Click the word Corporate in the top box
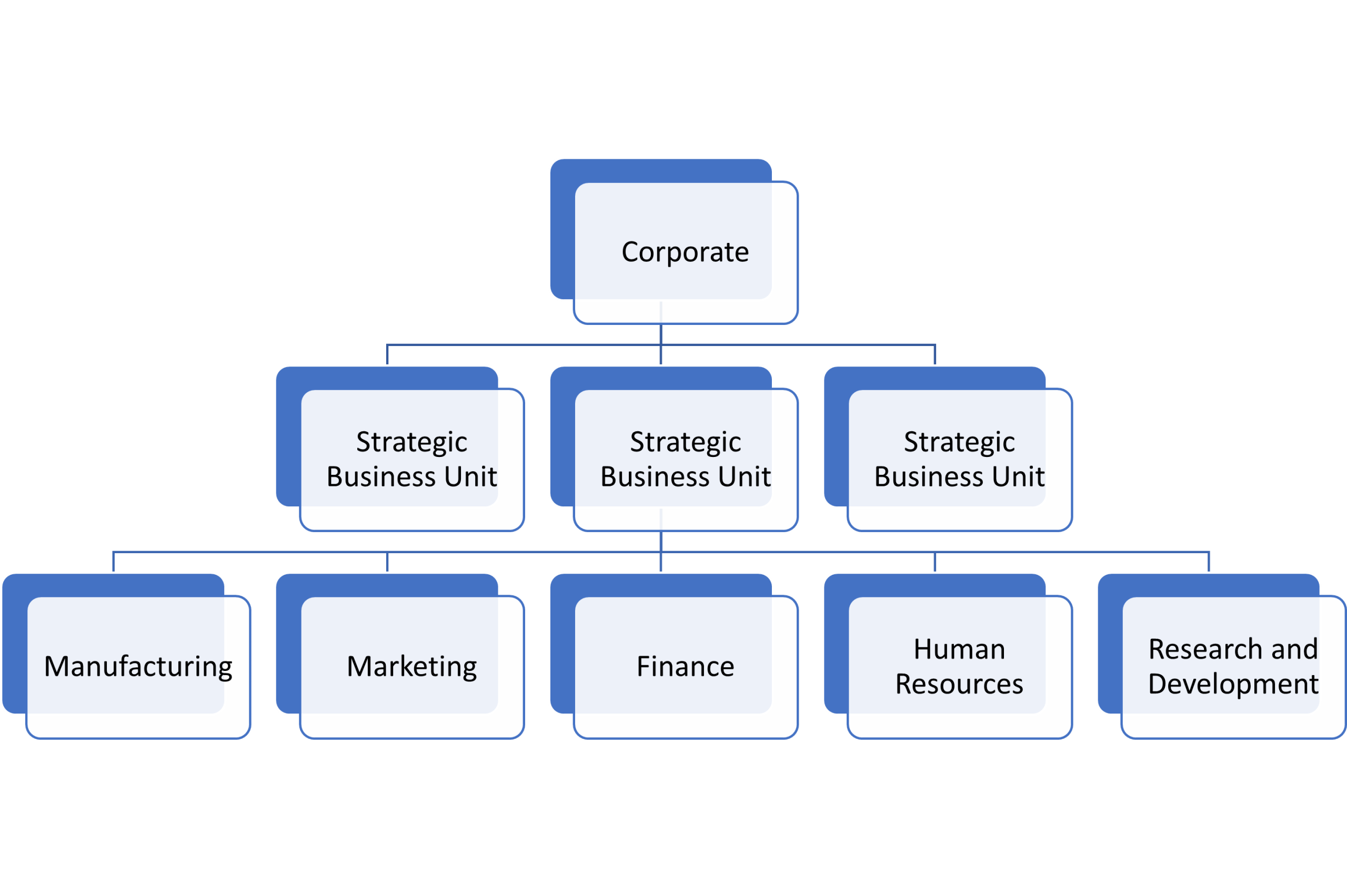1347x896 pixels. click(x=685, y=252)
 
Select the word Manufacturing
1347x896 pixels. click(x=138, y=667)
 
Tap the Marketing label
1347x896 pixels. click(x=411, y=666)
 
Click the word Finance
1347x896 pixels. click(x=686, y=666)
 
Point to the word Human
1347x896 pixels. click(x=959, y=649)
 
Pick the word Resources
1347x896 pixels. click(x=959, y=684)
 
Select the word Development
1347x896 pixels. click(x=1233, y=684)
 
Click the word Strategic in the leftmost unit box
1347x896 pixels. click(x=411, y=442)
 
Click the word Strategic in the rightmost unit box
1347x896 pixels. click(x=959, y=442)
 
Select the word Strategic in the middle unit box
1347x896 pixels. click(x=686, y=442)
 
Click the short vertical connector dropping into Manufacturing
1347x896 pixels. click(x=113, y=562)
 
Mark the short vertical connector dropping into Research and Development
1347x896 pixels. click(x=1209, y=562)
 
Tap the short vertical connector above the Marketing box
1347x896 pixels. click(x=387, y=562)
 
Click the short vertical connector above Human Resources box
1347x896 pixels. click(x=935, y=562)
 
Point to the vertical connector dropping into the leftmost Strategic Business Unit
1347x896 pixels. click(x=387, y=355)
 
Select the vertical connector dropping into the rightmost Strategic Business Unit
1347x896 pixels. click(x=935, y=355)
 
